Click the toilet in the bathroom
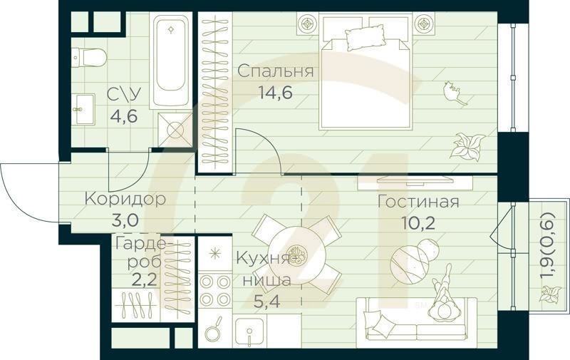click(90, 57)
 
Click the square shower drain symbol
click(175, 130)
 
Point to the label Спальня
click(275, 71)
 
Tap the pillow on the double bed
click(365, 37)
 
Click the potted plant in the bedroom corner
click(467, 146)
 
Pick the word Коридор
click(125, 198)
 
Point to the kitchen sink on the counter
click(251, 331)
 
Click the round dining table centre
click(297, 255)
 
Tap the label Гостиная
click(418, 201)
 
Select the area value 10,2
click(418, 222)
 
